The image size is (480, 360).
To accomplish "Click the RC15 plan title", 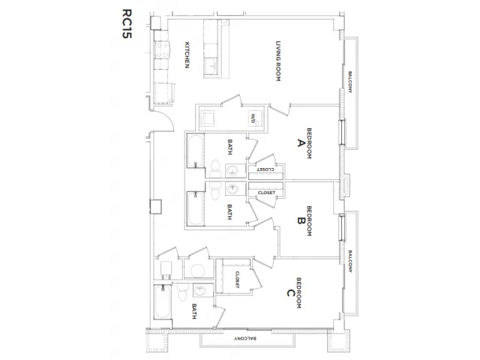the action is tap(127, 23).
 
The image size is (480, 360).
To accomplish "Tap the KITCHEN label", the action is tap(187, 55).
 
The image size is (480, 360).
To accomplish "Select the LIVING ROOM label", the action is tap(278, 61).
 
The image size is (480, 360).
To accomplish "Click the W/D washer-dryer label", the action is tap(253, 118).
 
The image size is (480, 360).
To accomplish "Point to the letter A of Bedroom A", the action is tap(300, 143).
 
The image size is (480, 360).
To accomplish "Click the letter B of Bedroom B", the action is tap(301, 220).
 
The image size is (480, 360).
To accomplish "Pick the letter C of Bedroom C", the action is tap(290, 293).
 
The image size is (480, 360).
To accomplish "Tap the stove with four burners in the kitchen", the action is tap(161, 50).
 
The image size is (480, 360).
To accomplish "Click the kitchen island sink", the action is tap(211, 66).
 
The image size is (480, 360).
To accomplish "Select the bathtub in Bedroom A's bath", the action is tap(195, 151).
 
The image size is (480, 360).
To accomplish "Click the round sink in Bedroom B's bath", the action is tap(232, 188).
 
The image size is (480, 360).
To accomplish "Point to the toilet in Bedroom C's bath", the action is tap(183, 292).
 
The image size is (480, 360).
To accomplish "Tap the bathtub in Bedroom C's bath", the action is tap(163, 301).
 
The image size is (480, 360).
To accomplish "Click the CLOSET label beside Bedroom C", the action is tap(237, 280).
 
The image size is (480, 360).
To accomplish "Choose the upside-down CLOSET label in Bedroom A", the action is tap(265, 169).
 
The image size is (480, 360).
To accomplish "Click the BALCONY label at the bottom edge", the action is tap(245, 338).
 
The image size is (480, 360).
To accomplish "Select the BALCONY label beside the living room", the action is tap(350, 82).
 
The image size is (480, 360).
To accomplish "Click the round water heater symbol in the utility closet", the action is tap(197, 270).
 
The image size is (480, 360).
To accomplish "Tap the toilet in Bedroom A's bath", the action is tap(215, 169).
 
